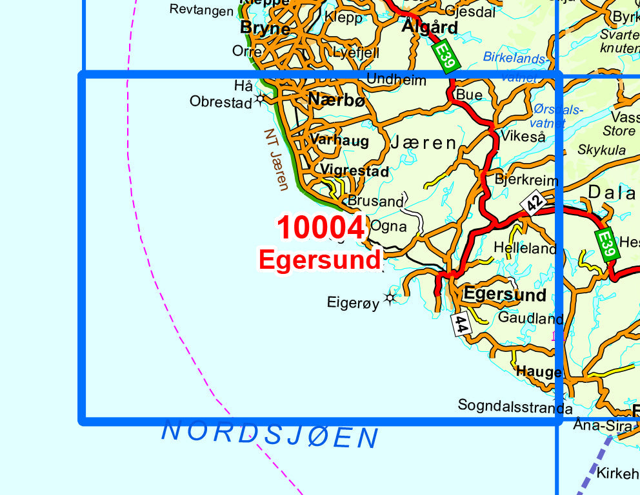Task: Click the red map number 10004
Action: click(321, 228)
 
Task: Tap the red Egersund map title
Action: click(319, 260)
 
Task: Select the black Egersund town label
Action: click(505, 295)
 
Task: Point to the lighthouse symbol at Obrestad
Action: click(261, 99)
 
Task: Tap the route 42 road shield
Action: click(532, 203)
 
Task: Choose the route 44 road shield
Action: click(461, 324)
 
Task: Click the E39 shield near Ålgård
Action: click(445, 55)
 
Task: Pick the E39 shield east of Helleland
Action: click(606, 244)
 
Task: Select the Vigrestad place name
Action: click(355, 171)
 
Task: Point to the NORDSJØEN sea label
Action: click(270, 434)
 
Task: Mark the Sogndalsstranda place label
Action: click(515, 407)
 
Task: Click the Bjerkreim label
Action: click(526, 180)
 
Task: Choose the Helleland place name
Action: click(525, 247)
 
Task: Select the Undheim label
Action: click(396, 80)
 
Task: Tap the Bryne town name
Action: click(265, 28)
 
